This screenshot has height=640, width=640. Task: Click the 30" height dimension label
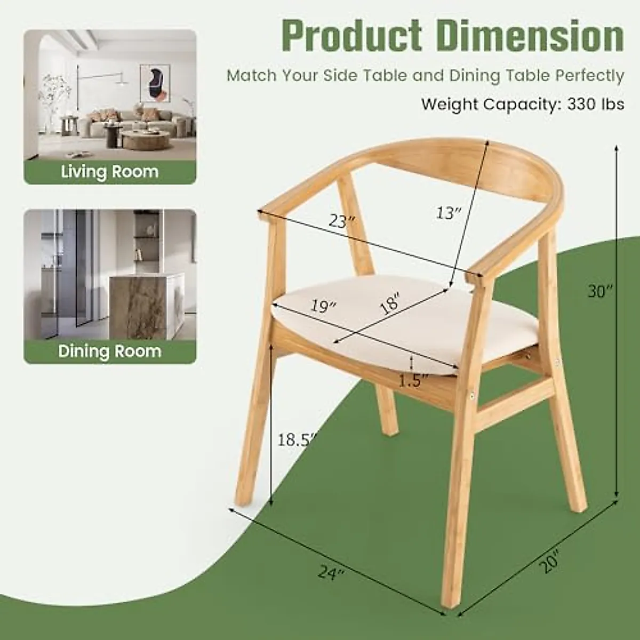pyautogui.click(x=600, y=291)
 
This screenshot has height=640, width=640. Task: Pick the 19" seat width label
pyautogui.click(x=324, y=306)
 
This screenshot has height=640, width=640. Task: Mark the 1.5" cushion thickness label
pyautogui.click(x=414, y=380)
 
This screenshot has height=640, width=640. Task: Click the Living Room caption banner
pyautogui.click(x=110, y=172)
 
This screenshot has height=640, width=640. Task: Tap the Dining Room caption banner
pyautogui.click(x=110, y=351)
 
